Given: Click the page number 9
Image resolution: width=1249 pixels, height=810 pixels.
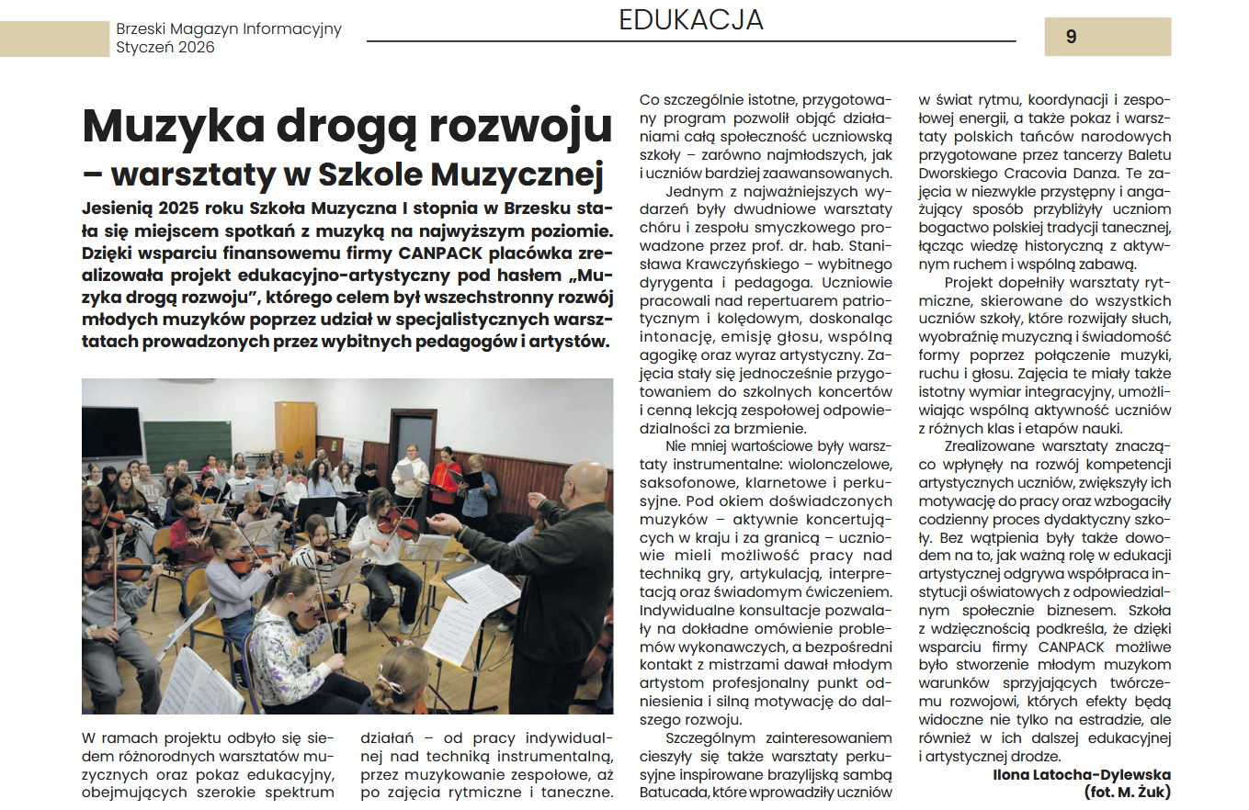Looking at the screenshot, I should click(x=1071, y=38).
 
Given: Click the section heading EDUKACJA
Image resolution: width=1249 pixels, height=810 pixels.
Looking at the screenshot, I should click(x=691, y=20).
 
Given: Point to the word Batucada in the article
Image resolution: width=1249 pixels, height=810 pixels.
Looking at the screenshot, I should click(x=671, y=792).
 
